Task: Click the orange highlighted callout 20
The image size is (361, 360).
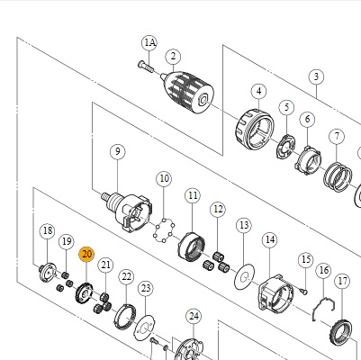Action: click(x=86, y=255)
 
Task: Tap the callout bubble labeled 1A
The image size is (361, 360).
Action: click(x=149, y=42)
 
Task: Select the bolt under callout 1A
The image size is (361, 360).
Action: click(x=146, y=67)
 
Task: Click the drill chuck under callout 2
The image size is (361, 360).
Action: click(x=188, y=93)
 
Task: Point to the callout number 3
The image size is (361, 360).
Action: click(x=316, y=76)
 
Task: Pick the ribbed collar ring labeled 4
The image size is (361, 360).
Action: click(x=255, y=130)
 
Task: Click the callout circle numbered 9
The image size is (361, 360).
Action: click(x=118, y=151)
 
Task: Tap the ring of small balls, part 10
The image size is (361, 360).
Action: click(x=164, y=230)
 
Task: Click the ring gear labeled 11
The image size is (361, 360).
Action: click(x=192, y=247)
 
